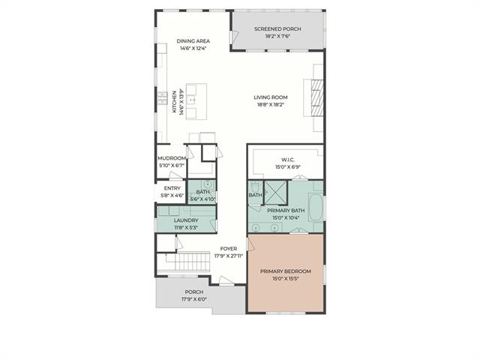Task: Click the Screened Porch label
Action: [x=277, y=29]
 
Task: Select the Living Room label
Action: [x=271, y=97]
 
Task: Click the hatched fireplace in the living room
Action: [x=317, y=97]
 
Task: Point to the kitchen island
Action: [x=196, y=101]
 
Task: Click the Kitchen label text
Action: [x=174, y=102]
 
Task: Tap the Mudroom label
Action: [x=172, y=158]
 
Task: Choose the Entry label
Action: [x=172, y=188]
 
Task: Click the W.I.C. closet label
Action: [x=288, y=160]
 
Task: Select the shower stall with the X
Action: [x=275, y=193]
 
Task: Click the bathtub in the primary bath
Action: [x=315, y=207]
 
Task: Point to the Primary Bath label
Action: [x=286, y=211]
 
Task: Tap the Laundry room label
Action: [x=186, y=220]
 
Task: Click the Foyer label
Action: [x=229, y=249]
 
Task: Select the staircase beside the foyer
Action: [x=187, y=261]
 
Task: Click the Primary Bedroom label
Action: [x=286, y=271]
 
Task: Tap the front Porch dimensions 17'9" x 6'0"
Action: [x=194, y=299]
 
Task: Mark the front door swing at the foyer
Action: [x=226, y=280]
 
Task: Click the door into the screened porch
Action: [x=234, y=37]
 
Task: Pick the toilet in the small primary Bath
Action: [x=255, y=187]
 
